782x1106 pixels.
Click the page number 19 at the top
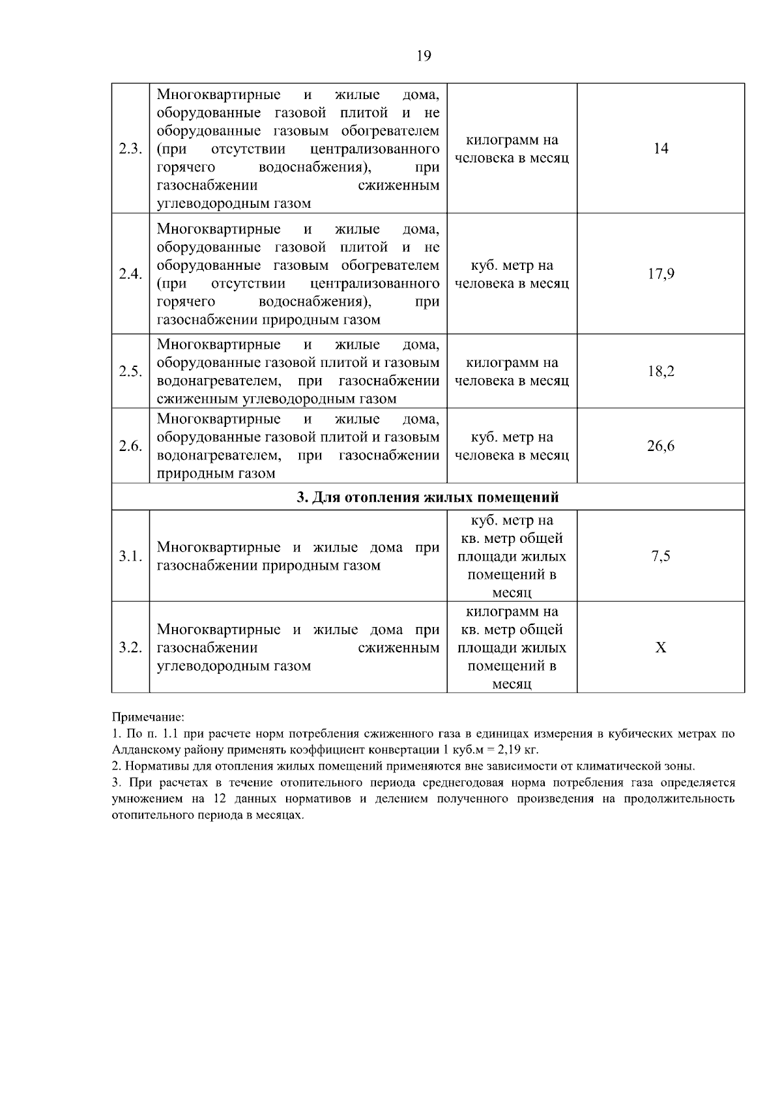(423, 56)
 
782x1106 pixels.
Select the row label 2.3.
(130, 149)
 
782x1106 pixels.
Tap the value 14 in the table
(661, 149)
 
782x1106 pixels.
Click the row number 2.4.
(130, 274)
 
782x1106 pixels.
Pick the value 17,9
(661, 274)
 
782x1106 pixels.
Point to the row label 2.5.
(130, 371)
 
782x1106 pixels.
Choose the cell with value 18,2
(661, 371)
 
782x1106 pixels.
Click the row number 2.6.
(130, 446)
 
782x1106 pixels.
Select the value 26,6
(661, 446)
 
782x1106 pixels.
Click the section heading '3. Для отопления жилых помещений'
(427, 498)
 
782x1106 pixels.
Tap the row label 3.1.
(130, 557)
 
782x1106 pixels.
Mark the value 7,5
(661, 557)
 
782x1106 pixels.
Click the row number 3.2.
(130, 648)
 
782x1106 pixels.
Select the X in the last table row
(661, 648)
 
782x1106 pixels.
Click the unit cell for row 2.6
(512, 446)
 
